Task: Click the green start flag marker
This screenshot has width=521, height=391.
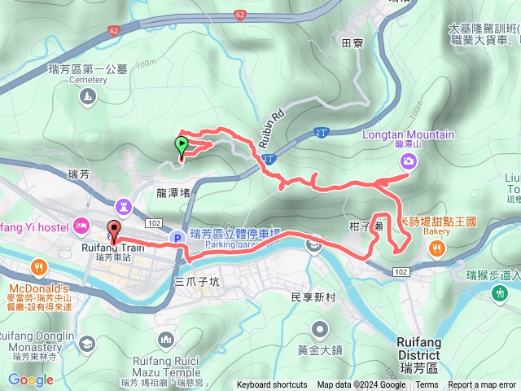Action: (x=181, y=147)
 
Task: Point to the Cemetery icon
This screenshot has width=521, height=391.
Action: (x=87, y=98)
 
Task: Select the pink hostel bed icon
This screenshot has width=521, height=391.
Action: (x=81, y=224)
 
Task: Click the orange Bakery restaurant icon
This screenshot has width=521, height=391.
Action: (x=437, y=249)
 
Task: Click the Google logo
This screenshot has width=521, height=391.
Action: (x=31, y=380)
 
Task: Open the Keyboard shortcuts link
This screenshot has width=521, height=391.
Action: (x=272, y=385)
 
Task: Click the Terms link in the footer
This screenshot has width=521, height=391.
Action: (x=427, y=385)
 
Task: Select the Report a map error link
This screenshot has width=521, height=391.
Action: (x=483, y=385)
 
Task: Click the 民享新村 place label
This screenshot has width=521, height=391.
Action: (x=313, y=297)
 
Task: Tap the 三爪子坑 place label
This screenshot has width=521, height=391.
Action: (x=197, y=281)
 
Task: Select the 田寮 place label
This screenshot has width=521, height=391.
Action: (x=352, y=42)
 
